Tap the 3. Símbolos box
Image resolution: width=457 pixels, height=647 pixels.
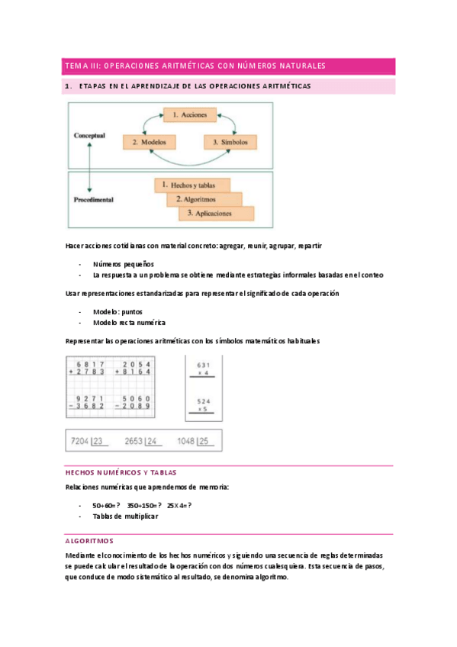click(230, 142)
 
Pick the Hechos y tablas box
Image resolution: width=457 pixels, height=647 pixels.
click(192, 185)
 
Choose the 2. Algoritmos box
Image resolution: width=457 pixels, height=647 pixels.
click(204, 199)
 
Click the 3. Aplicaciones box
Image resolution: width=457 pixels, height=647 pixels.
click(217, 214)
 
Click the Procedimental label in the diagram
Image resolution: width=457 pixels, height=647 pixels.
click(94, 200)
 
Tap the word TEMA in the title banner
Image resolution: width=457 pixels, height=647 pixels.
click(77, 66)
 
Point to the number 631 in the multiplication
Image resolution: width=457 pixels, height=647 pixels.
click(203, 364)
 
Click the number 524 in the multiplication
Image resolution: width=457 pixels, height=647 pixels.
click(203, 401)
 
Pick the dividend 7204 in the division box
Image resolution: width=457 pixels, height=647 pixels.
click(80, 440)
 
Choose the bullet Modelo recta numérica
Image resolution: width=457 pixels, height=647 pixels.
click(129, 323)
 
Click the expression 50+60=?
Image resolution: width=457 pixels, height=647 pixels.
click(106, 505)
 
